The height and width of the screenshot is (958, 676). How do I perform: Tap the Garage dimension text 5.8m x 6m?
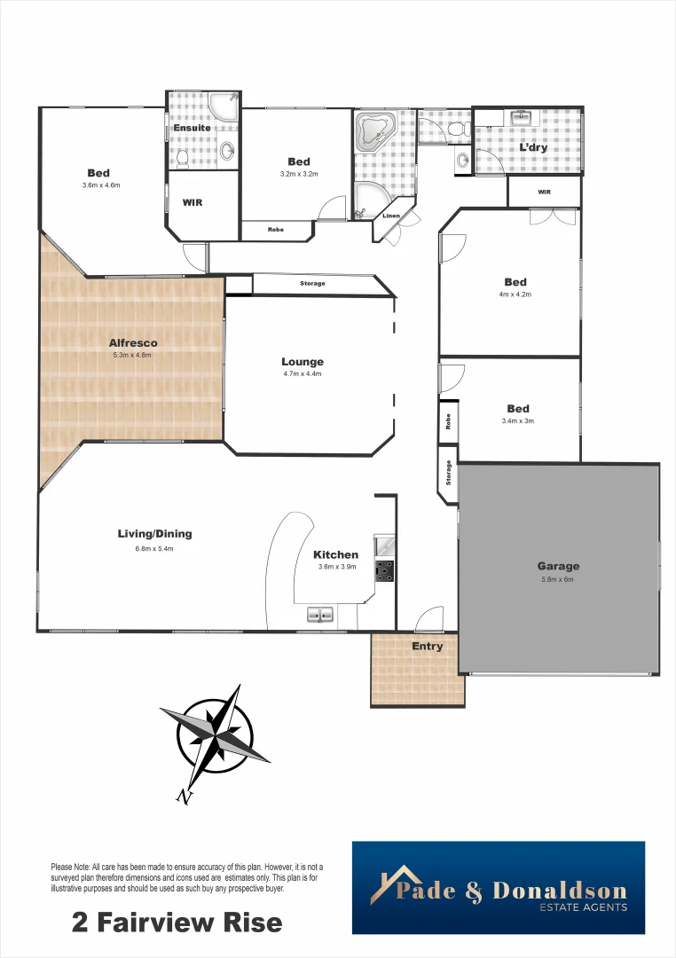point(557,580)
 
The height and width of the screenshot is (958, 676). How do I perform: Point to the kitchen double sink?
point(320,614)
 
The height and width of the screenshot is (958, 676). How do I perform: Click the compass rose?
point(216,734)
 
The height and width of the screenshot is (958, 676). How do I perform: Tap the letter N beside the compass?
point(185,797)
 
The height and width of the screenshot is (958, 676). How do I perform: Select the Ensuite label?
point(192,128)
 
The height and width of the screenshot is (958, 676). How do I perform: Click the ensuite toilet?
point(182,158)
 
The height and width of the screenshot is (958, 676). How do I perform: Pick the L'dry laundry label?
point(533,147)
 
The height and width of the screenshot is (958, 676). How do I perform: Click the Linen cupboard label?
point(390,216)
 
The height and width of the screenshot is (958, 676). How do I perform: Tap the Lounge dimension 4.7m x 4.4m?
point(302,374)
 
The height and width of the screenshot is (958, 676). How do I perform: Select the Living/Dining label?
point(154,534)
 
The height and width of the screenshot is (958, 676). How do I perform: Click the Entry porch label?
point(427,646)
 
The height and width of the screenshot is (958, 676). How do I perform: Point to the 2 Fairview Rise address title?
point(177,923)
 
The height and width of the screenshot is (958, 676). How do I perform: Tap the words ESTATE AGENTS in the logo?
point(583,907)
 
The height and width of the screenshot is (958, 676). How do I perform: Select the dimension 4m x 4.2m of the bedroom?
point(515,294)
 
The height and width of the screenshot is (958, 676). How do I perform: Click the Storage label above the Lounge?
point(312,284)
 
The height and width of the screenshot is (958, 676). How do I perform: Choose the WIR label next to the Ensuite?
point(193,202)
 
